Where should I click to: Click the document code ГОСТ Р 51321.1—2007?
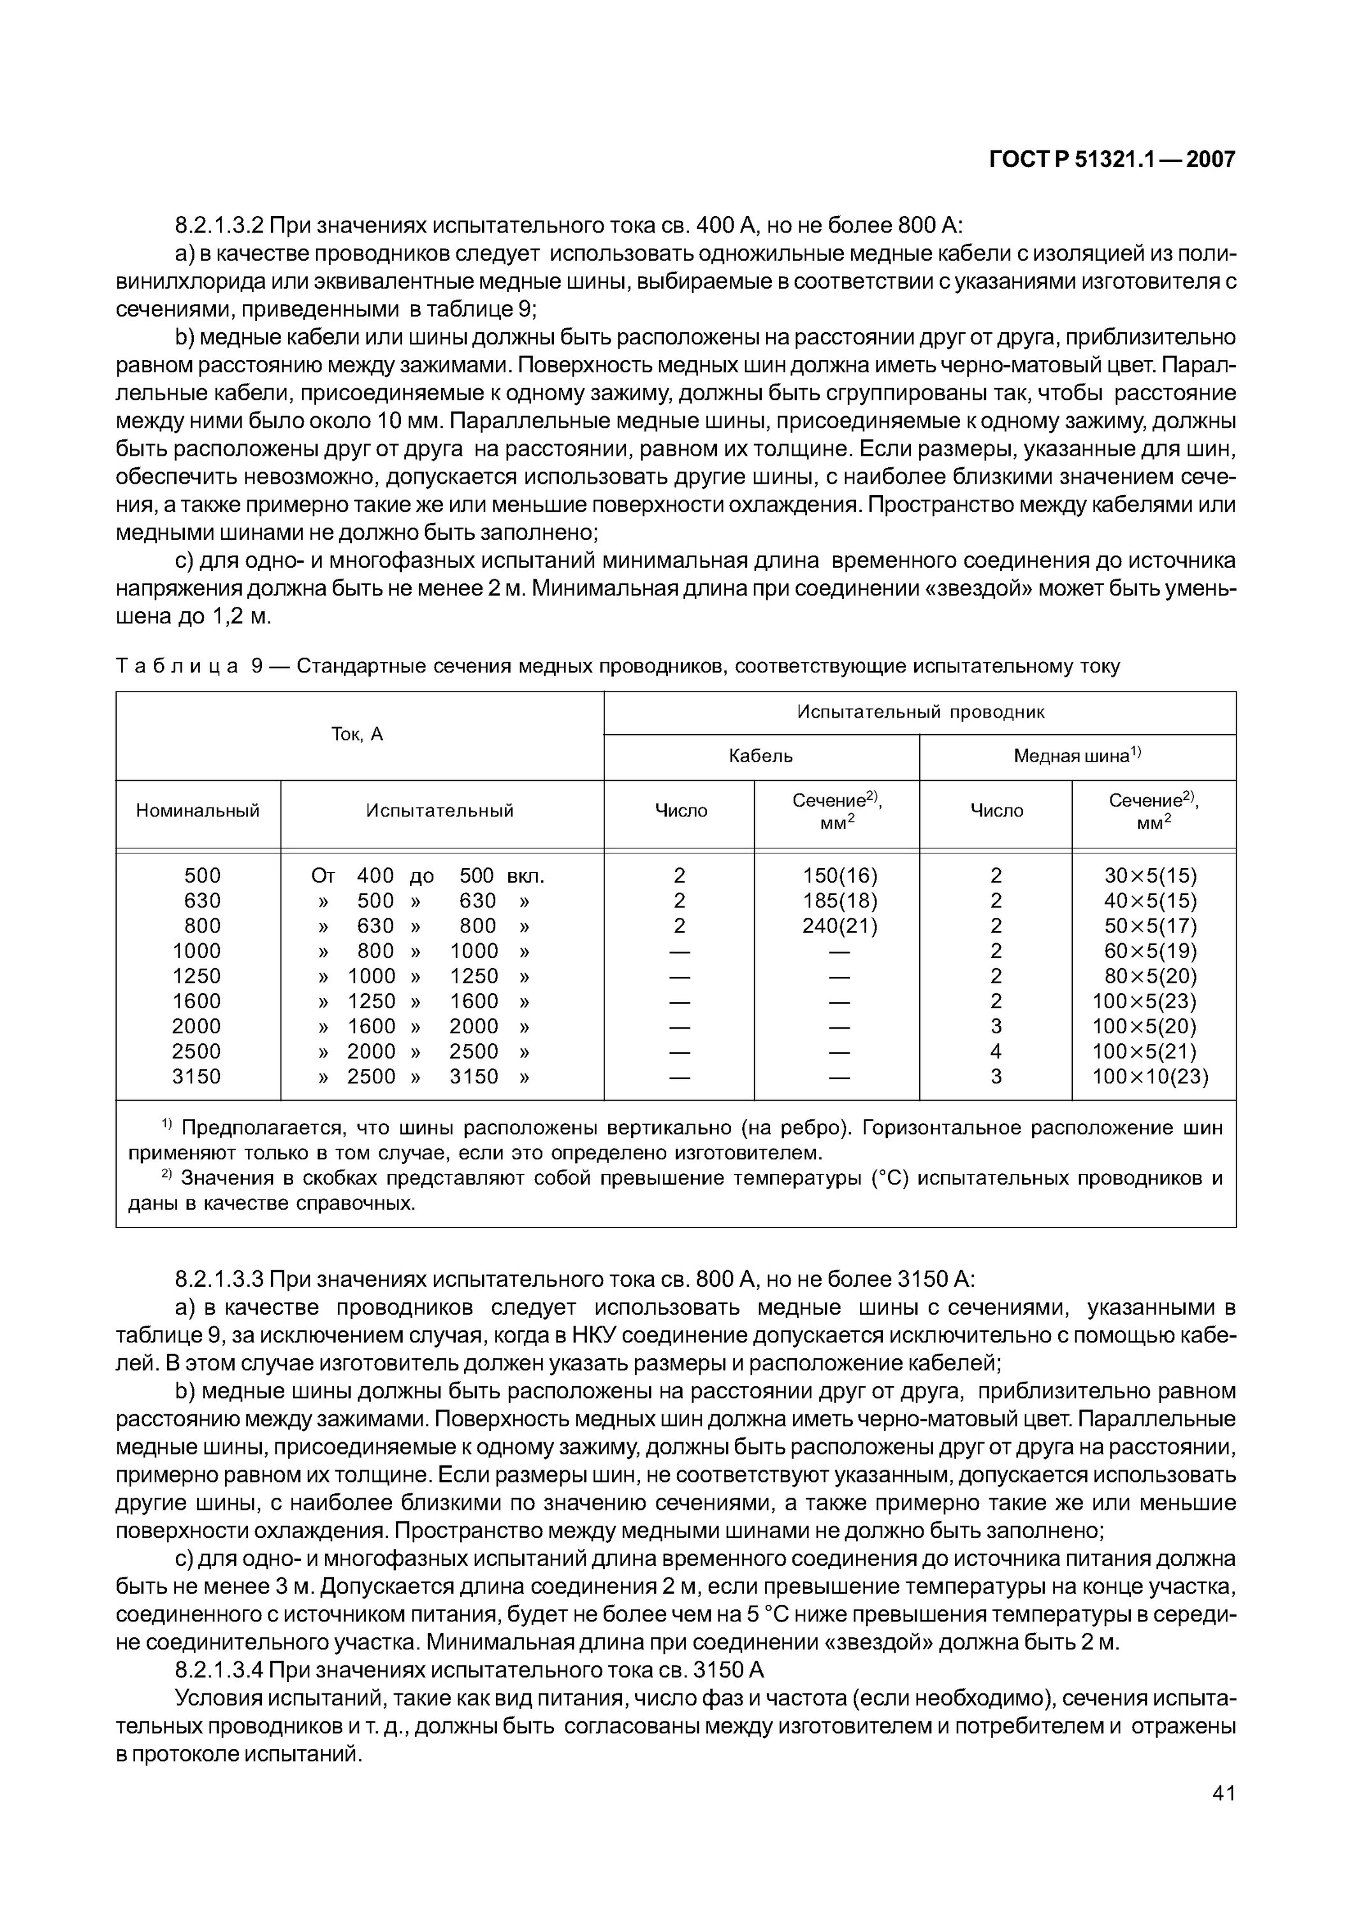point(1111,159)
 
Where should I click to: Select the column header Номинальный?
point(198,810)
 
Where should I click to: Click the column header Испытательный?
point(440,810)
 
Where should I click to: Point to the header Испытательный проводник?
point(920,712)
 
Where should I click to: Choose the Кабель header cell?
point(760,756)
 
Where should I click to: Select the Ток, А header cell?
point(358,734)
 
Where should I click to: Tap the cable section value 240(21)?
point(840,926)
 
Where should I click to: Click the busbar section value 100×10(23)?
point(1149,1076)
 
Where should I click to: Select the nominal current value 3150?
point(196,1076)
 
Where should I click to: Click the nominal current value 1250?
point(196,976)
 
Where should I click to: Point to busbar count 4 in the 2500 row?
point(996,1052)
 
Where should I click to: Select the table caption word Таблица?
point(177,666)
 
